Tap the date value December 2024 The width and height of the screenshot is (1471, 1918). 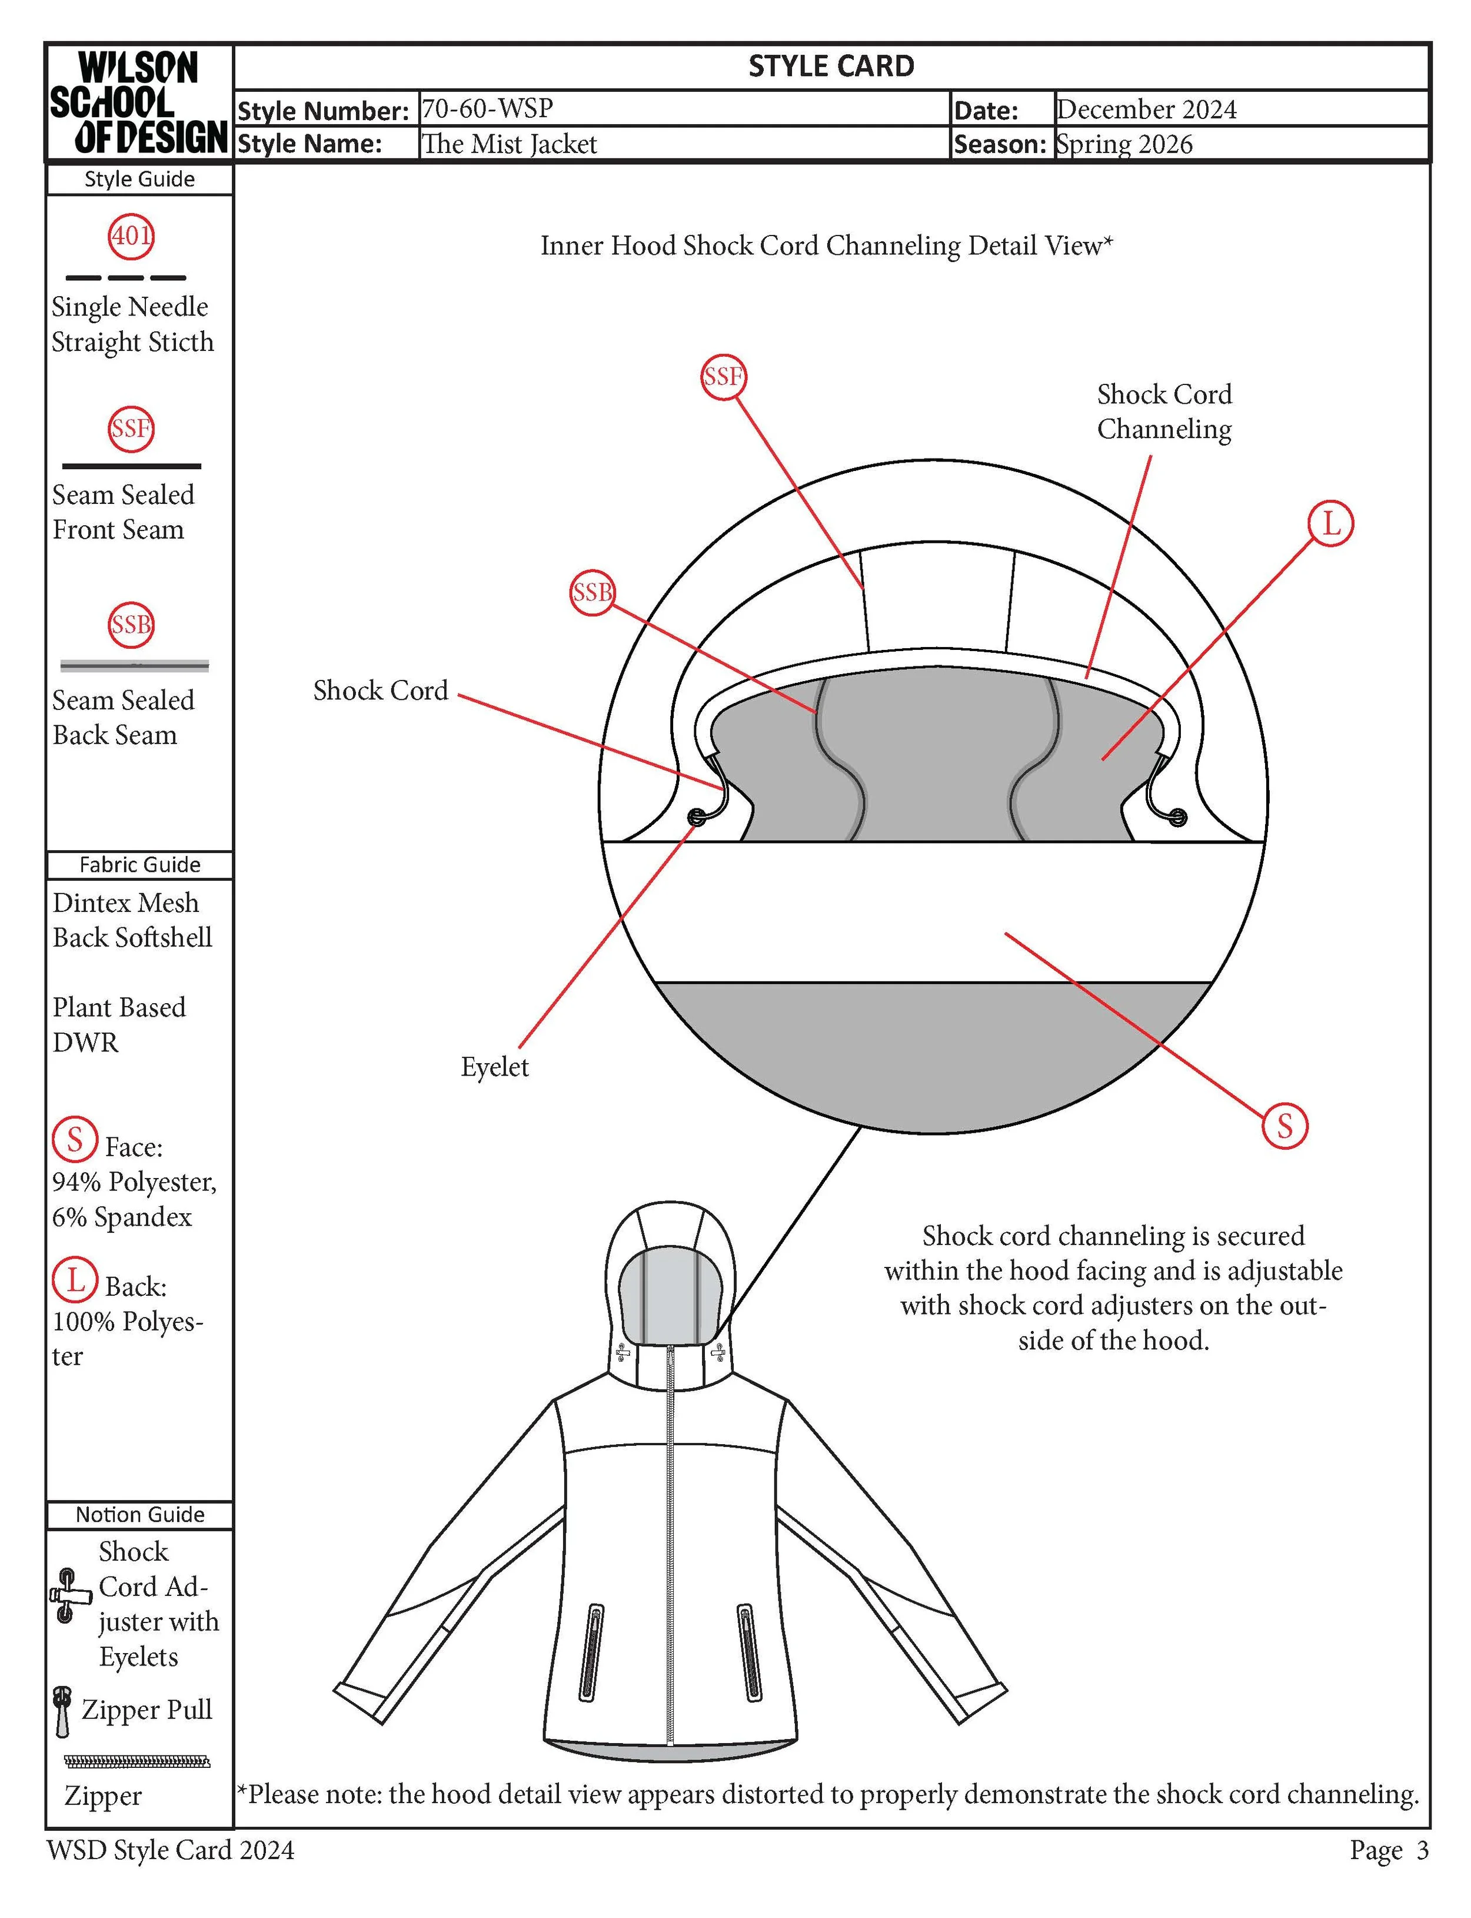[1146, 109]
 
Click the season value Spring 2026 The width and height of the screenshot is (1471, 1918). [1124, 144]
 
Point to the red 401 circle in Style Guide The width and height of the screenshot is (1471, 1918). [131, 235]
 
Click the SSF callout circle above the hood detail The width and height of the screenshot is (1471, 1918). [723, 377]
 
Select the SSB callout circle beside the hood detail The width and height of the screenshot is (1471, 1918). [592, 593]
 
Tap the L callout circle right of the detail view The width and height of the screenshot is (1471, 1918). [1330, 524]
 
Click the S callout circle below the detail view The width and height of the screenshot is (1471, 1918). [1284, 1126]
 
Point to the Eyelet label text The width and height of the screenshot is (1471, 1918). [495, 1067]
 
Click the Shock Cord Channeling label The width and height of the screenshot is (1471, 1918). [1164, 412]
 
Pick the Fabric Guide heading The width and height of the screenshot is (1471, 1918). [139, 864]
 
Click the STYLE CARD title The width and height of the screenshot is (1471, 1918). [831, 67]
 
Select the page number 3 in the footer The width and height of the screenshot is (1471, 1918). [1422, 1850]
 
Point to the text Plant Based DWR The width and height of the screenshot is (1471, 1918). [119, 1025]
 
